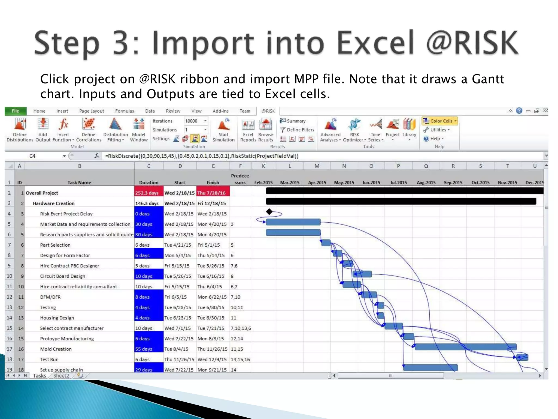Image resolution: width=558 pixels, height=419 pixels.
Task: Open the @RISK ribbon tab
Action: pyautogui.click(x=268, y=111)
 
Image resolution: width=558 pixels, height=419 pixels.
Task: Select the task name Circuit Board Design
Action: pyautogui.click(x=63, y=276)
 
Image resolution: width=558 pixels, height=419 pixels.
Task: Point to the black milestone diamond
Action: pyautogui.click(x=269, y=211)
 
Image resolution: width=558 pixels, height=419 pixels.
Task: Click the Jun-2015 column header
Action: pyautogui.click(x=371, y=182)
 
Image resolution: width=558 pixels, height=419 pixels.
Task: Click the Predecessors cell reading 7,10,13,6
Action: pyautogui.click(x=241, y=328)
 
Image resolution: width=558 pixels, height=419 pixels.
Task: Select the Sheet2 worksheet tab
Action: pyautogui.click(x=61, y=376)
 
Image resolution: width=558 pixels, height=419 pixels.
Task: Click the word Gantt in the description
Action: pyautogui.click(x=488, y=79)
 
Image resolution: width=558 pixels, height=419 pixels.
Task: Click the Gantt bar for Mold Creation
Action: pyautogui.click(x=465, y=347)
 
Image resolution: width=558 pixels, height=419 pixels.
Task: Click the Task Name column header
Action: pyautogui.click(x=79, y=182)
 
